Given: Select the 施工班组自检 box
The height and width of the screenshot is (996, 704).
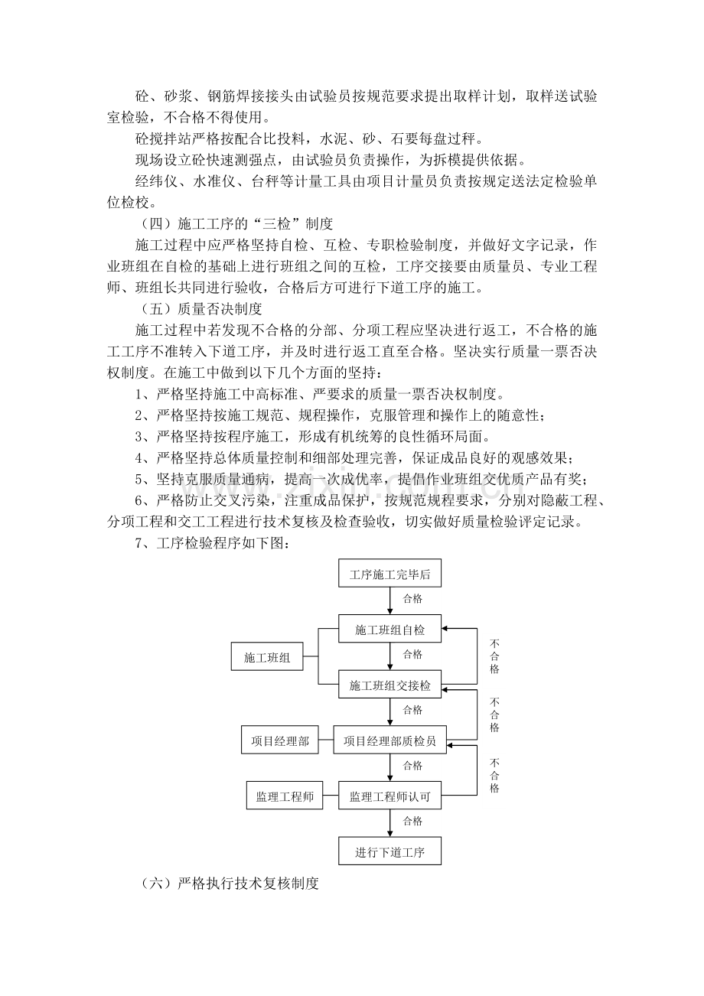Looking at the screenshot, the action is tap(389, 628).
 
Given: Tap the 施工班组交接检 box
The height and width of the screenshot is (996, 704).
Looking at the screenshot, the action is tap(389, 684).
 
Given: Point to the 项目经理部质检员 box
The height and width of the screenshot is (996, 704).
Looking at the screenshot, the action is tap(389, 740).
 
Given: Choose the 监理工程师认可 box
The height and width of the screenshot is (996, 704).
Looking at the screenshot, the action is tap(389, 795).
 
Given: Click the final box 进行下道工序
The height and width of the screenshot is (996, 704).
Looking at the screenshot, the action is tap(389, 851).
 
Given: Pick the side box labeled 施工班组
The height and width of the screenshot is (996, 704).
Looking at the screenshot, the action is tap(267, 656).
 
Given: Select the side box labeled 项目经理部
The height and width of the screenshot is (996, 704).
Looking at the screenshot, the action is tap(280, 740).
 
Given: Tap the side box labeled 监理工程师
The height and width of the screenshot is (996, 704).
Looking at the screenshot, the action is tap(285, 795).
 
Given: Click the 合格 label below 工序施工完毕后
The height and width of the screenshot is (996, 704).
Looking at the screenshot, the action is tap(412, 599).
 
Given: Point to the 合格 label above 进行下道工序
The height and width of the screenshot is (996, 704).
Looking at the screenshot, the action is tap(412, 821).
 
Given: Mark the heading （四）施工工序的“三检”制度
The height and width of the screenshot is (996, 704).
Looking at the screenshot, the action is tap(236, 223).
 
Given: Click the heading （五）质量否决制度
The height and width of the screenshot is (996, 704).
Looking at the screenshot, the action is tap(200, 308).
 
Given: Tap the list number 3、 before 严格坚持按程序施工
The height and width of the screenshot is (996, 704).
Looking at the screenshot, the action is tap(144, 437).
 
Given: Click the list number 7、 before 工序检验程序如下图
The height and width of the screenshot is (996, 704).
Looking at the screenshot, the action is tap(144, 543).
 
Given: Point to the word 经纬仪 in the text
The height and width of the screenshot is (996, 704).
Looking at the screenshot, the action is tap(156, 181).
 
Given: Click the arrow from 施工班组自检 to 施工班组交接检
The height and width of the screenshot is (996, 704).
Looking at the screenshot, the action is tap(390, 656).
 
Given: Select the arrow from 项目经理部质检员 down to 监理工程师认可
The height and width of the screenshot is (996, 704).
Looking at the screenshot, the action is tap(390, 767).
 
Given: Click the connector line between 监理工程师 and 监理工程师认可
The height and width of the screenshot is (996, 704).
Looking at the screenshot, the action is tap(331, 796).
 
